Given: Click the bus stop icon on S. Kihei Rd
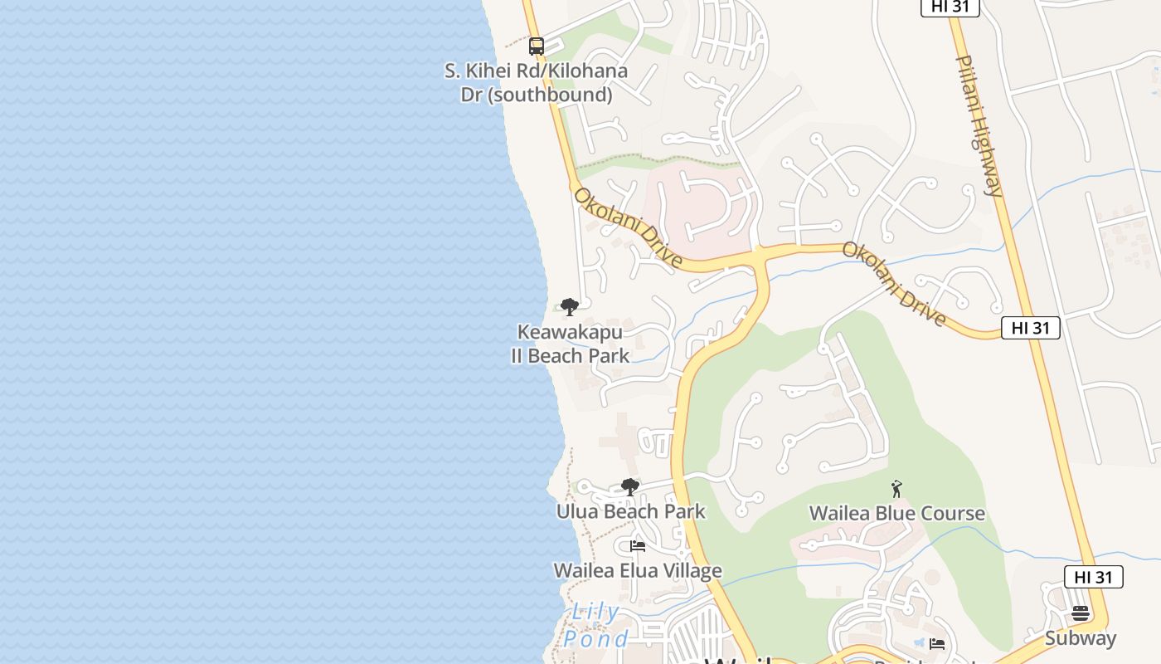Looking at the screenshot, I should click(x=537, y=46).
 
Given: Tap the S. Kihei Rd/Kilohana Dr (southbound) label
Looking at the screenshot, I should click(x=536, y=82).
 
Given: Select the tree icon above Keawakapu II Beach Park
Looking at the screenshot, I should click(x=569, y=307).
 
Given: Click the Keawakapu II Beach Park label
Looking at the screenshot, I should click(x=570, y=344).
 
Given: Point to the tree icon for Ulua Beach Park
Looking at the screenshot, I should click(x=630, y=487).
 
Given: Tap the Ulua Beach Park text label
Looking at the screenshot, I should click(x=630, y=511).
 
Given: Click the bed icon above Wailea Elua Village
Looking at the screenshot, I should click(x=638, y=546).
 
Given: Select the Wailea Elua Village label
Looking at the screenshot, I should click(x=637, y=570).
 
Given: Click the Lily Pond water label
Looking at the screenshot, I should click(x=596, y=626).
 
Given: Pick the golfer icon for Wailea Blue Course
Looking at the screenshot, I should click(x=896, y=489).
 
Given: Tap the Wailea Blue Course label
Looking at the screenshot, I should click(x=896, y=513).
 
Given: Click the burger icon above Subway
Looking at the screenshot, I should click(x=1080, y=614).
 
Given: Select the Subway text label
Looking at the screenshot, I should click(x=1080, y=638).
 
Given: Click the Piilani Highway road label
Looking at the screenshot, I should click(x=980, y=125).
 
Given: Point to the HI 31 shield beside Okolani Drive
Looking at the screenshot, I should click(x=1030, y=328).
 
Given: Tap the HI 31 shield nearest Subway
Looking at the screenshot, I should click(x=1093, y=577).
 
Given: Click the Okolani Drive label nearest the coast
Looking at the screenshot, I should click(x=628, y=227).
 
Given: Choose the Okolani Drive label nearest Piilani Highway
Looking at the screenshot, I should click(x=894, y=284).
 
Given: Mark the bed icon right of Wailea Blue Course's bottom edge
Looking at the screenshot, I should click(x=937, y=644).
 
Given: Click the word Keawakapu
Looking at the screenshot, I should click(x=570, y=332).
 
